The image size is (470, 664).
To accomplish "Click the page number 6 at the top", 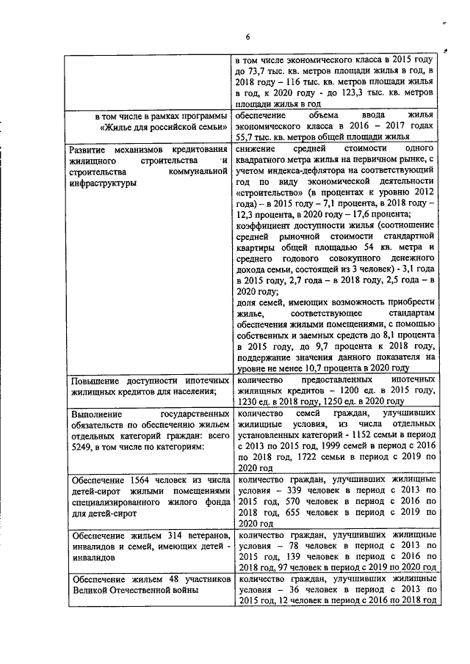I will coord(247,38).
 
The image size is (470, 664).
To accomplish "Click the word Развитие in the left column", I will coord(92,150).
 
